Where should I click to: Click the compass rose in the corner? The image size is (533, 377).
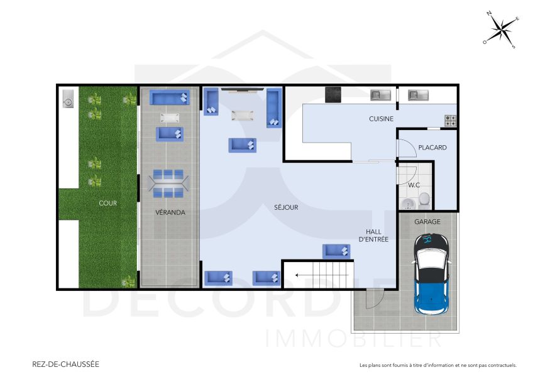click(x=501, y=29)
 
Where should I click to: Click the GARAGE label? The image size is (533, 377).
click(x=427, y=222)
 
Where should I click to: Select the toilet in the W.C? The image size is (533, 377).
click(x=424, y=200)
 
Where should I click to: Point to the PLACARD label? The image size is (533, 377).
click(x=432, y=148)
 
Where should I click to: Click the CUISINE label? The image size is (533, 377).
click(x=381, y=119)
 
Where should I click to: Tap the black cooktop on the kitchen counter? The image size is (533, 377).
click(x=332, y=94)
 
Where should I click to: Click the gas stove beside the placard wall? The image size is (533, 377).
click(x=450, y=118)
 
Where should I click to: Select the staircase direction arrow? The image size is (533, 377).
click(x=306, y=274)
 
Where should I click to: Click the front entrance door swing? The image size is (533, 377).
click(x=373, y=299)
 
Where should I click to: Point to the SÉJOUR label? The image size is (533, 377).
click(x=286, y=207)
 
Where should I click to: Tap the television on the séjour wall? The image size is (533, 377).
click(x=242, y=90)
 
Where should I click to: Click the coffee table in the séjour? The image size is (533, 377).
click(x=242, y=116)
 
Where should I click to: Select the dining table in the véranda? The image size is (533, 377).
click(x=168, y=183)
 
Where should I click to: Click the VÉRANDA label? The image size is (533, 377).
click(x=170, y=212)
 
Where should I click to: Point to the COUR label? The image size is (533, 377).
click(x=107, y=204)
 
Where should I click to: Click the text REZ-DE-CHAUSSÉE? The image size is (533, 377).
click(x=65, y=364)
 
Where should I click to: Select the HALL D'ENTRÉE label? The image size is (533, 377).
click(x=373, y=235)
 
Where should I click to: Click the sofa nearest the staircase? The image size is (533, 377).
click(x=336, y=251)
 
